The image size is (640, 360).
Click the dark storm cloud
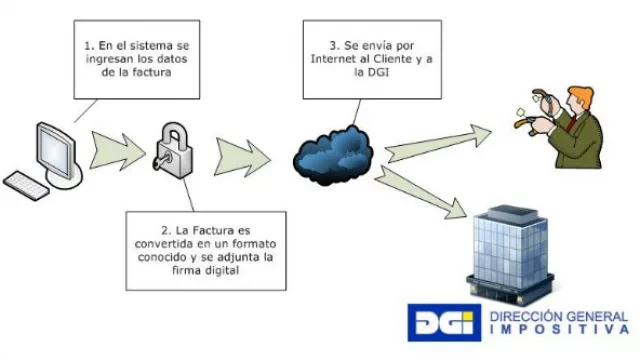pos(333,151)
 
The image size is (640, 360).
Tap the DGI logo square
pos(444,322)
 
